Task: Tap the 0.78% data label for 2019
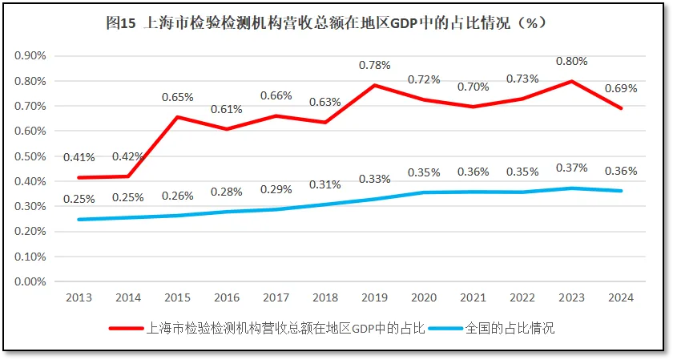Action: pos(375,65)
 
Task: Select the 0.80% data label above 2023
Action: pos(572,60)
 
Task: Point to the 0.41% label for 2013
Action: pos(79,157)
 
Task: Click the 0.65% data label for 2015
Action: pos(178,97)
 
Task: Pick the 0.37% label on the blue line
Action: pos(572,168)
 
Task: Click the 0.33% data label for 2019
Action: pos(375,178)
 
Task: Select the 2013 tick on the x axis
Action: pos(79,297)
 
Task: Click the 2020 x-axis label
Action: pos(424,297)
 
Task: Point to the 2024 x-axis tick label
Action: pos(621,297)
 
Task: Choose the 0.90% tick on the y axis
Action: pos(31,56)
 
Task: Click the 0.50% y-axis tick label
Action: pos(31,156)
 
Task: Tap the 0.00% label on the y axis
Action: pos(31,281)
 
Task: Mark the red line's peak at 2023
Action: pos(572,81)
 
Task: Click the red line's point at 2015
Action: pos(178,117)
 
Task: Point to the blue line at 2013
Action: pos(79,219)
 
